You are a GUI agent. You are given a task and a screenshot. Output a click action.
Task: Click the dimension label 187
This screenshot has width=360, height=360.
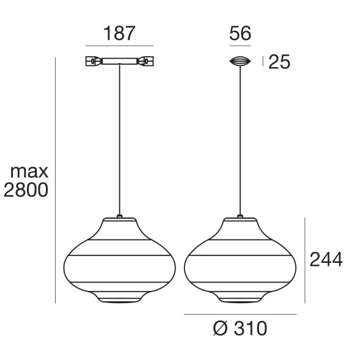pos(119,33)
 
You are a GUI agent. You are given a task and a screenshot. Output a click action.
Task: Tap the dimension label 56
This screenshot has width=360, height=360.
pos(240,33)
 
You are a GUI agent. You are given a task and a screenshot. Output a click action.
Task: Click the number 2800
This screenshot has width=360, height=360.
pos(26,191)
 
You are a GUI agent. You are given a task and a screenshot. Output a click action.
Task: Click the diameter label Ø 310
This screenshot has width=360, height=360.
pos(240,329)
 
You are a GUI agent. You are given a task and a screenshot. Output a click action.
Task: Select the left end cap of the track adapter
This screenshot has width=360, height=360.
pos(93,61)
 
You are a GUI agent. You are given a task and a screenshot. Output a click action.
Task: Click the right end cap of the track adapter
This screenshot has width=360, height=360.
pos(146,61)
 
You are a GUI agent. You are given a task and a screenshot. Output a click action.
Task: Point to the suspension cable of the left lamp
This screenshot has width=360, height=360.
pos(119,141)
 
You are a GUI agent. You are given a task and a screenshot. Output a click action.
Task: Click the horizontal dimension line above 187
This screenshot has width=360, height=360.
pos(119,46)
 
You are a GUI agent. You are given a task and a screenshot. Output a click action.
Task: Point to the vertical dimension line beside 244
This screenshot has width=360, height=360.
pos(304,260)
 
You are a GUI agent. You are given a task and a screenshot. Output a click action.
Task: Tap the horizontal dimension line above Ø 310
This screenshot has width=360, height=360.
pos(240,314)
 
